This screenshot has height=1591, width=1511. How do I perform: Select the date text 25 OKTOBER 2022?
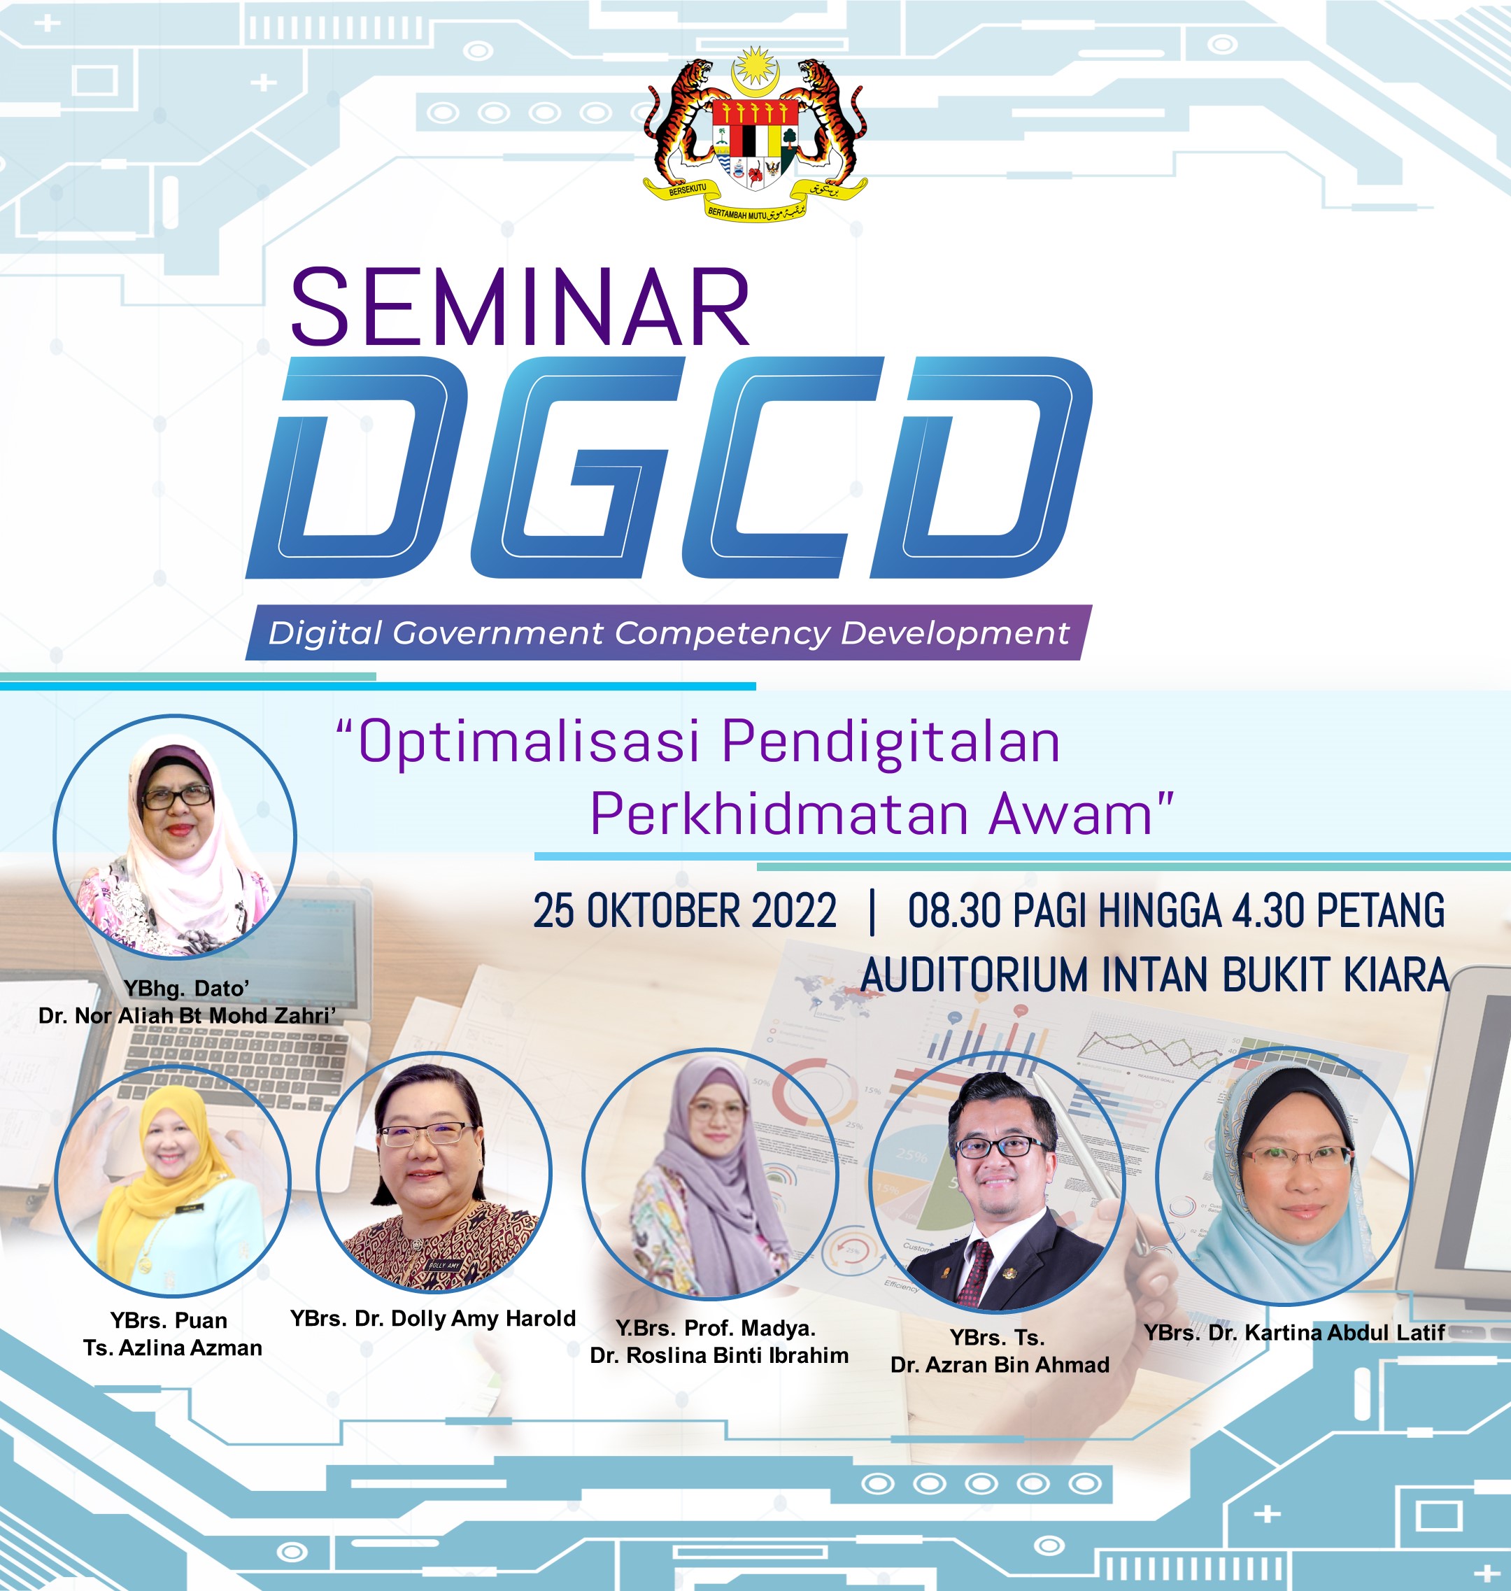click(685, 911)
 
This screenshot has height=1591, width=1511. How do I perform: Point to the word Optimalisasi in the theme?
click(528, 742)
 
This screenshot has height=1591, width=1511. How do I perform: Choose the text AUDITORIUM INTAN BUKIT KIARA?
click(1155, 975)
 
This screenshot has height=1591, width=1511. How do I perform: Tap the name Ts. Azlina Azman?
click(172, 1348)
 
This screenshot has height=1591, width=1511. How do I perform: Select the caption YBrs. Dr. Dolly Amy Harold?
click(433, 1319)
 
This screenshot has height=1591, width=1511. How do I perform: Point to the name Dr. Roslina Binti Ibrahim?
click(719, 1356)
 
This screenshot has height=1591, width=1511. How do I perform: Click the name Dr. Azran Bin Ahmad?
click(1000, 1364)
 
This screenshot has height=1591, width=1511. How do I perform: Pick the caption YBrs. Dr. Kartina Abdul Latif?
click(1294, 1332)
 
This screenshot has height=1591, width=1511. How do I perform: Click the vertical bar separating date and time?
click(872, 911)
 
